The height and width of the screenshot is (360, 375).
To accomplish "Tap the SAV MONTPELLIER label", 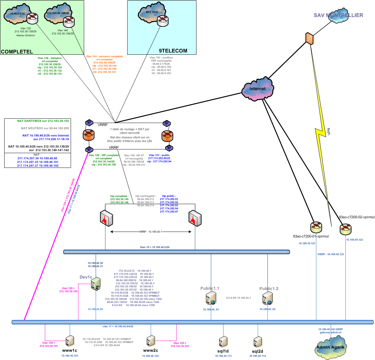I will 338,15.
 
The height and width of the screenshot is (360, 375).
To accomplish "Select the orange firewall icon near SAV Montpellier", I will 310,38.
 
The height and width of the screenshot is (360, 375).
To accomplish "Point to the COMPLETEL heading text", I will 17,51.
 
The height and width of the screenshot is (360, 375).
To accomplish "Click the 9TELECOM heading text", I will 173,50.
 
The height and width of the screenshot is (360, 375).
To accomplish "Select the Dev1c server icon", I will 96,284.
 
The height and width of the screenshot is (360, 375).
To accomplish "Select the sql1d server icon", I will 223,342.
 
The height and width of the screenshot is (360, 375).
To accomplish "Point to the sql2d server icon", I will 258,342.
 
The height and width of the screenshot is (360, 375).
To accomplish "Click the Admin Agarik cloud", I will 330,347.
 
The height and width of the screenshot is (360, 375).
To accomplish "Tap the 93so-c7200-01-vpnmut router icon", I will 316,227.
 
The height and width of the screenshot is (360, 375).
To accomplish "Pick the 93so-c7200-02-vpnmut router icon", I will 345,229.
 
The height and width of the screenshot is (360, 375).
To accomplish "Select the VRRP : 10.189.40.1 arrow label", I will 151,232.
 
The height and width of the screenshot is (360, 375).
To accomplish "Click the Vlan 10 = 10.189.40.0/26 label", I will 154,247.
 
